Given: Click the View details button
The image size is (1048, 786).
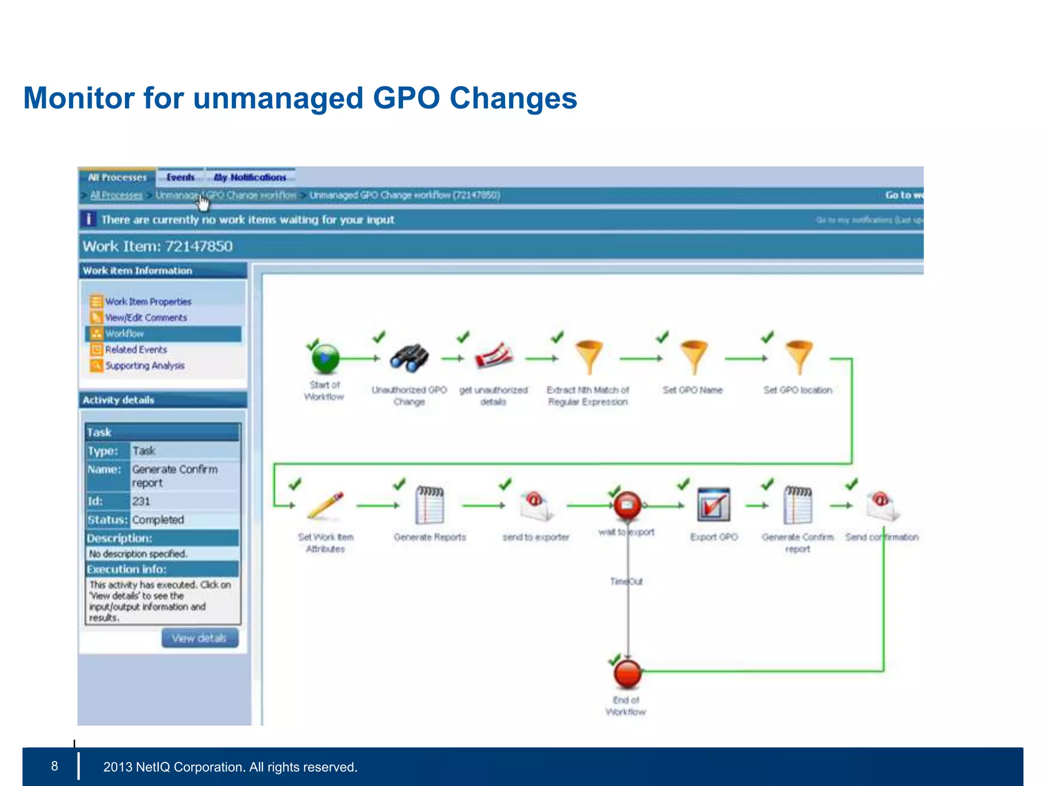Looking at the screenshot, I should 200,638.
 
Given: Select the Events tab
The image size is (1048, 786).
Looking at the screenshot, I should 180,177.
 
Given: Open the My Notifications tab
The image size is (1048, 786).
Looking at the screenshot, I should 250,177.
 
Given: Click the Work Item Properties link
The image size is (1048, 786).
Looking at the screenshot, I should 148,301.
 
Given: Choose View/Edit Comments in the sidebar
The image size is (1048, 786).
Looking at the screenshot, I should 146,318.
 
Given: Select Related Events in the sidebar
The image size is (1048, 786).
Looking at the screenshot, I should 136,350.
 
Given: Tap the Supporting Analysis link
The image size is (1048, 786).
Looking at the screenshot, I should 145,365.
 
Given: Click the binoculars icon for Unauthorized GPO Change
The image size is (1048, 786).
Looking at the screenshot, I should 409,357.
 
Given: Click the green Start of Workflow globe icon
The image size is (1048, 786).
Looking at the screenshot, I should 325,358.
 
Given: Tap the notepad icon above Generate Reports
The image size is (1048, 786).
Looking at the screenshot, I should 430,505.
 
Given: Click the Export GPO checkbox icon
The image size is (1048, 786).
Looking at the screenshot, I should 713,505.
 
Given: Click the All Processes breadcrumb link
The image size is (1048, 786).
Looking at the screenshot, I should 116,195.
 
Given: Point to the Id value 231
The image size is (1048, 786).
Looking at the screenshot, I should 141,501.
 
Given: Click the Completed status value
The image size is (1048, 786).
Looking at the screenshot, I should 158,520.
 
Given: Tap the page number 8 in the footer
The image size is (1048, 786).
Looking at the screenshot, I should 55,766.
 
